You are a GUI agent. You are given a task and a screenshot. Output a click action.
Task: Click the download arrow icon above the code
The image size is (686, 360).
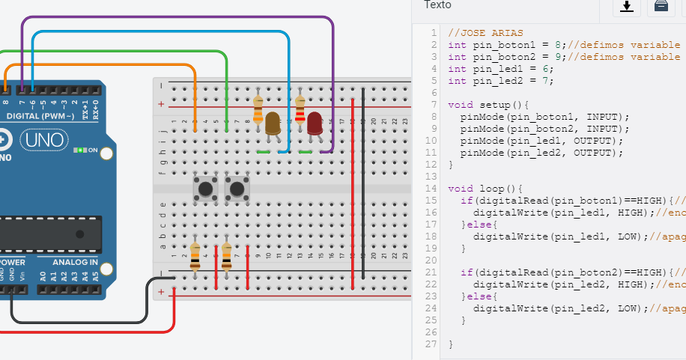pos(627,7)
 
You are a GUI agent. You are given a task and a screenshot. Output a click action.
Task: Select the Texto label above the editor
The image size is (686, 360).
pos(437,5)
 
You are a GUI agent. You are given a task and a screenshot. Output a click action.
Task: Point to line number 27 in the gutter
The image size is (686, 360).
pos(430,344)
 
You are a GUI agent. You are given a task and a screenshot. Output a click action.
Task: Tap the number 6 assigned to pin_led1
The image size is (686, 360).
pos(548,69)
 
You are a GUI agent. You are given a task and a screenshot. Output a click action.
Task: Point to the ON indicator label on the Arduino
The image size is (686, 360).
pos(92,150)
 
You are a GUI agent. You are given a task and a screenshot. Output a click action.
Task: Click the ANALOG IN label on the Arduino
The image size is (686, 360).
pos(75,263)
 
